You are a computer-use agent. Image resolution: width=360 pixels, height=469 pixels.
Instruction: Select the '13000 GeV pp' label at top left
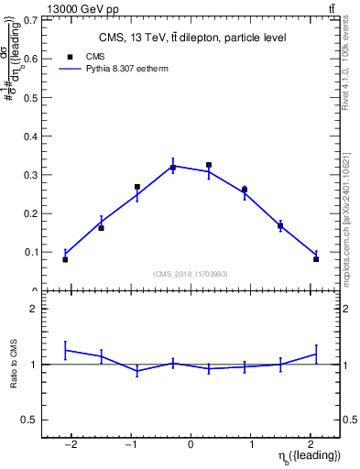pos(58,8)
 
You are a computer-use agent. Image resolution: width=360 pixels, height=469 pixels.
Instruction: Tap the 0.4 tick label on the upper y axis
pos(33,136)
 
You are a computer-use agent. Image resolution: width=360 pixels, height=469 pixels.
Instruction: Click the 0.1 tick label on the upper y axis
pos(33,252)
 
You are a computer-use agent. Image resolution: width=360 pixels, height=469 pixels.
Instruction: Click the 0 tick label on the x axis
pos(191,445)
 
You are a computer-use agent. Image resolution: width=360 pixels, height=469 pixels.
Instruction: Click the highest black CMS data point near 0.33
pos(209,166)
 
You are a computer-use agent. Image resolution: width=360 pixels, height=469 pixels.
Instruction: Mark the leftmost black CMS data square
pos(65,259)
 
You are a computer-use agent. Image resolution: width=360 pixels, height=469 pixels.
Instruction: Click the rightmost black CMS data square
pos(316,259)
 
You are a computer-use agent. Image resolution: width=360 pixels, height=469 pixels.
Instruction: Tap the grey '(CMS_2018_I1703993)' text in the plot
pos(191,274)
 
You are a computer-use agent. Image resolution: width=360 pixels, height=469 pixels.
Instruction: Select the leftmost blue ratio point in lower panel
pos(65,350)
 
